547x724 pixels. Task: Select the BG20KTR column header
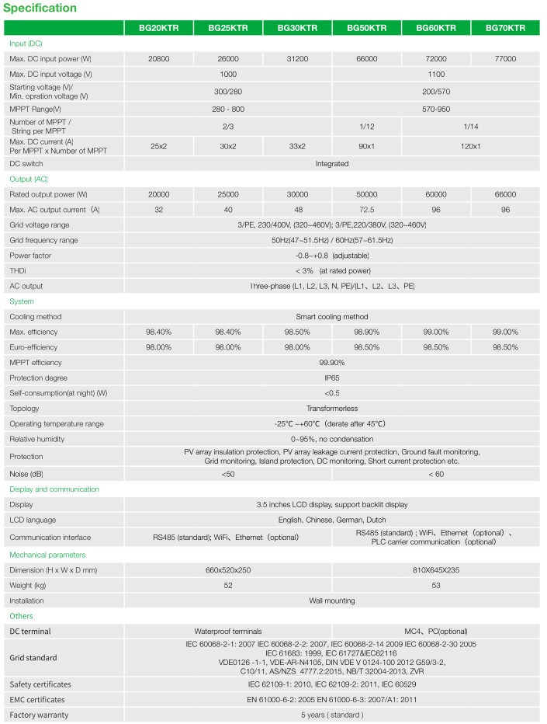158,28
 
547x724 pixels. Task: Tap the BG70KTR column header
505,28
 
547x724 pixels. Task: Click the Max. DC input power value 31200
297,59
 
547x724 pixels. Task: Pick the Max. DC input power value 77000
505,59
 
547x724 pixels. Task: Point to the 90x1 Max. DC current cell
367,146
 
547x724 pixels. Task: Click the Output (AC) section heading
29,179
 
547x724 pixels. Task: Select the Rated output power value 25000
228,194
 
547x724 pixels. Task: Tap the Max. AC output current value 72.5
367,210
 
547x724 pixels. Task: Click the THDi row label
18,270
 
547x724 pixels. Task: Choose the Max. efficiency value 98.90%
367,332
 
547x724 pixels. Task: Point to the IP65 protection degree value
332,378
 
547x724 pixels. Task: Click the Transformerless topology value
332,408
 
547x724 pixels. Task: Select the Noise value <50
228,474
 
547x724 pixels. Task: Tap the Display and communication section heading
54,489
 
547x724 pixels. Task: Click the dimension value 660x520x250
228,570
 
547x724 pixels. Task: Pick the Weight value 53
436,585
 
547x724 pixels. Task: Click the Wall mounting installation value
332,600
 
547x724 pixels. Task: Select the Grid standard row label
33,658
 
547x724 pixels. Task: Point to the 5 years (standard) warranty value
332,715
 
